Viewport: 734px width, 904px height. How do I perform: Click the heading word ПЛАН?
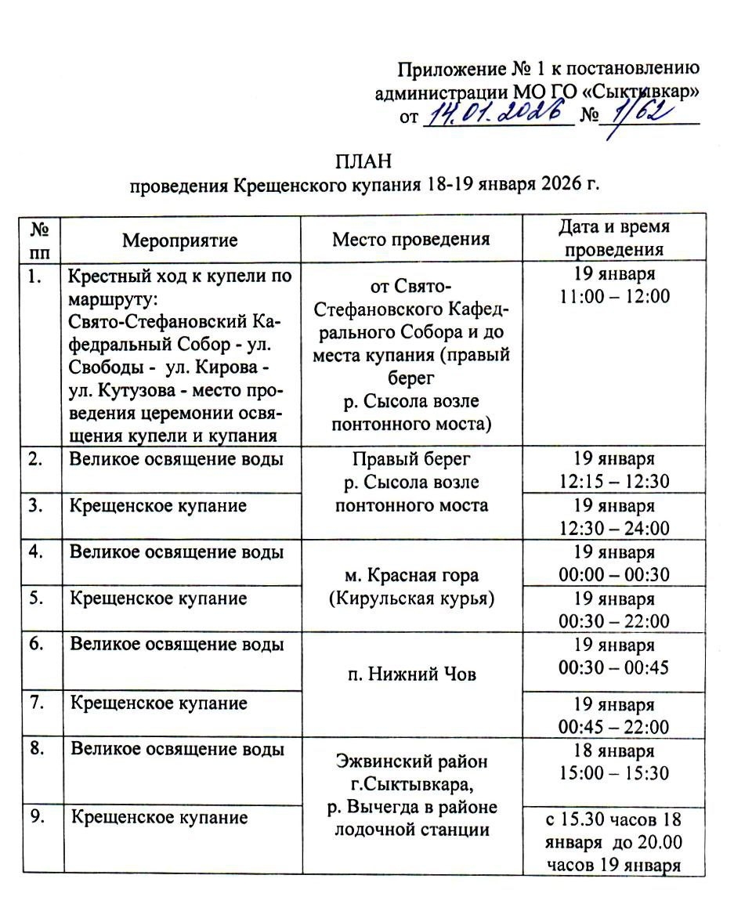pyautogui.click(x=363, y=162)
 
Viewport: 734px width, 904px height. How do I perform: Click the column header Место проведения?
pyautogui.click(x=410, y=239)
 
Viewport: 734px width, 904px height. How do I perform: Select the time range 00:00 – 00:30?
pyautogui.click(x=614, y=575)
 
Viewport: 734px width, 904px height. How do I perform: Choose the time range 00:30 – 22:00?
pyautogui.click(x=614, y=621)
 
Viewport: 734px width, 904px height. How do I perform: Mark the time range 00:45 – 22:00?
pyautogui.click(x=614, y=726)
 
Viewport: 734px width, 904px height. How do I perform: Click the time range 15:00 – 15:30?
pyautogui.click(x=614, y=773)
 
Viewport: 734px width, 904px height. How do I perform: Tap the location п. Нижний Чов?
pyautogui.click(x=411, y=674)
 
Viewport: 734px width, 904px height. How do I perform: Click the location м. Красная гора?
pyautogui.click(x=411, y=576)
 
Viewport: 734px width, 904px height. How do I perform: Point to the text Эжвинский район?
pyautogui.click(x=411, y=760)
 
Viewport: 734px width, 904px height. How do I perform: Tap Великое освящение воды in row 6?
pyautogui.click(x=177, y=645)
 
